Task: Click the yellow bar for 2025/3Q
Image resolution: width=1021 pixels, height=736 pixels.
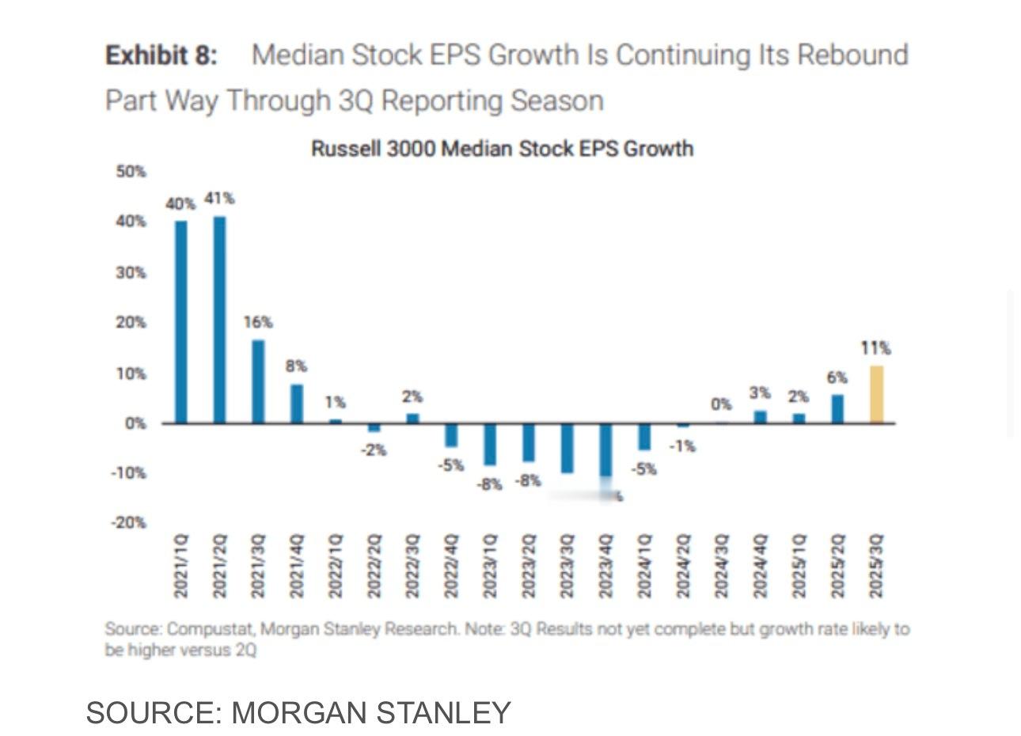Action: coord(876,394)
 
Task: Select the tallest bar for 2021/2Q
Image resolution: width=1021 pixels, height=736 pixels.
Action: coord(219,320)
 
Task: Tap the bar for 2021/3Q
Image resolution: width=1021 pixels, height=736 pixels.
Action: coord(258,381)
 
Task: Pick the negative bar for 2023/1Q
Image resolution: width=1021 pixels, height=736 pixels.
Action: coord(490,444)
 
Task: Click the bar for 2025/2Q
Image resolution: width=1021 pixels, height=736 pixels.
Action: coord(837,409)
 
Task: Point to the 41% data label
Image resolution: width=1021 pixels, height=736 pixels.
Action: coord(219,199)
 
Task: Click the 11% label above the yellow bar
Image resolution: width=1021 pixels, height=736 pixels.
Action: coord(876,347)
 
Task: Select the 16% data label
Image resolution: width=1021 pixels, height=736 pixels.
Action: coord(258,322)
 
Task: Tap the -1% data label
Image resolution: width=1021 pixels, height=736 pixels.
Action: coord(681,446)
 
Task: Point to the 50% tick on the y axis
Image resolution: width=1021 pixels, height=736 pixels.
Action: coord(131,172)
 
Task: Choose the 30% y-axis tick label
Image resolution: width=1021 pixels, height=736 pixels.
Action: coord(131,273)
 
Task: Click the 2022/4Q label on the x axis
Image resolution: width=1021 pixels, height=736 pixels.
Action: coord(451,566)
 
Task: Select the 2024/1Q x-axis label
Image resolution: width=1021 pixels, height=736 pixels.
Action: coord(644,566)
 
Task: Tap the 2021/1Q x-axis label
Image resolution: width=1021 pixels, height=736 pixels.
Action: coord(181,566)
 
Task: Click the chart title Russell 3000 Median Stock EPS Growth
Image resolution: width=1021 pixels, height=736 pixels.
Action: coord(502,149)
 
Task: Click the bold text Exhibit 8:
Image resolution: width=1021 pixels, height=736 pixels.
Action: coord(161,55)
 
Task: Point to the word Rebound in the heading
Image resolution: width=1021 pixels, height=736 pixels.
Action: coord(852,55)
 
